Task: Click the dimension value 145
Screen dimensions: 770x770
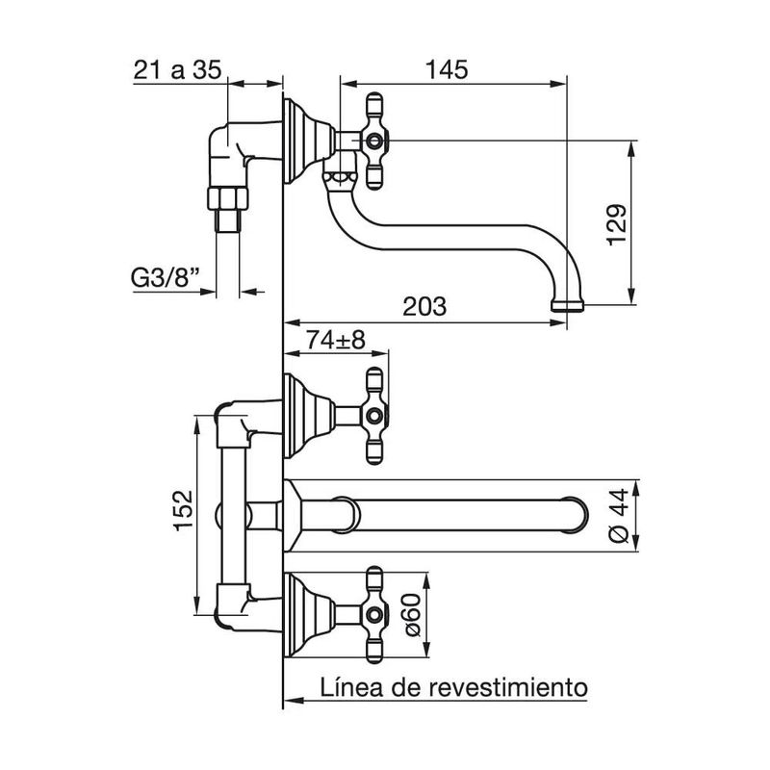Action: tap(447, 69)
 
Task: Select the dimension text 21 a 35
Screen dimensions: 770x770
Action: tap(177, 69)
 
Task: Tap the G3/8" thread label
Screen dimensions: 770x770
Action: tap(165, 278)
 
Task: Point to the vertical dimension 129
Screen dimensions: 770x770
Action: tap(617, 224)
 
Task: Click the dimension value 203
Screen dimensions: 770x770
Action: tap(424, 307)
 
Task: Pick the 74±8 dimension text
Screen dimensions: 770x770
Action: tap(336, 340)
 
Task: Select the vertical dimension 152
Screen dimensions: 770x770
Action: tap(184, 510)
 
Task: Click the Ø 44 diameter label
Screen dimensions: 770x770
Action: tap(618, 515)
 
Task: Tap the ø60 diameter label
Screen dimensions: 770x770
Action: tap(413, 614)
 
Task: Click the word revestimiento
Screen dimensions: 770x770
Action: tap(508, 687)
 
